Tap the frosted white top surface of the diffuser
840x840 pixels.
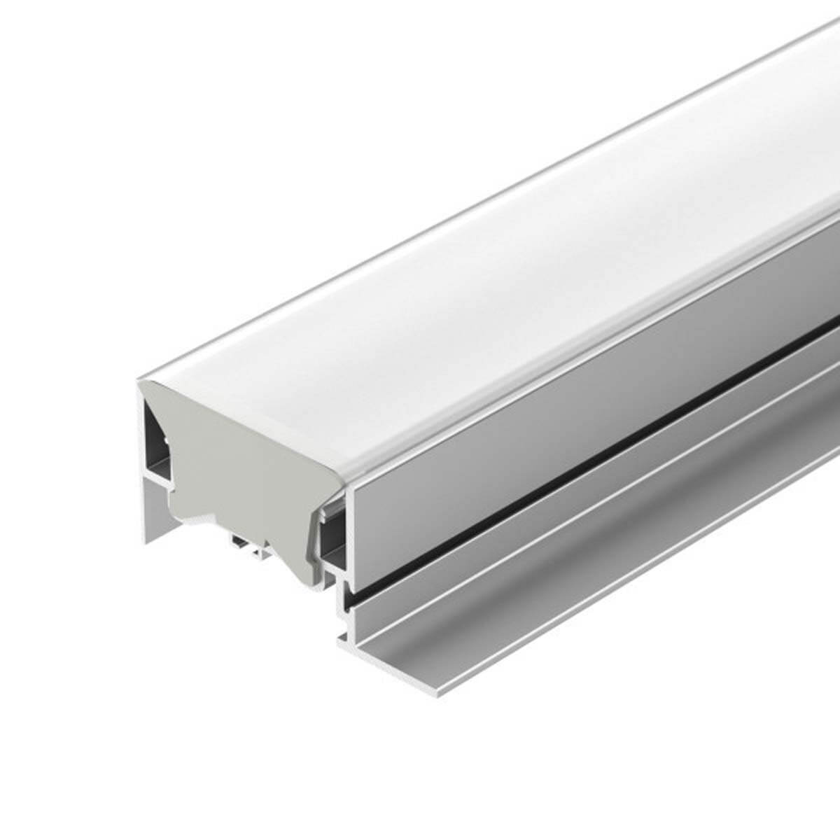click(x=455, y=280)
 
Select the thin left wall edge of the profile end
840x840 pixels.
click(x=139, y=448)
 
